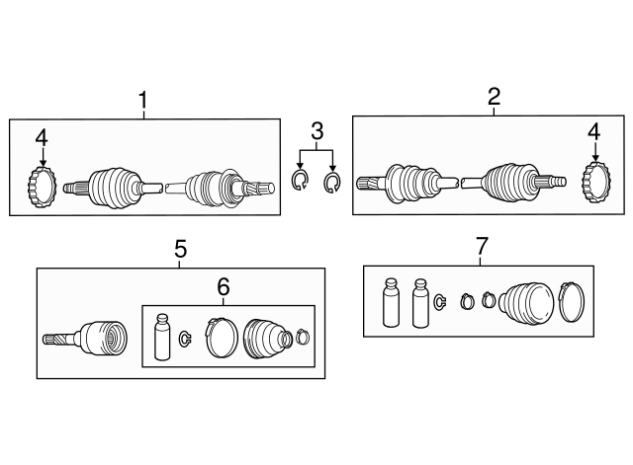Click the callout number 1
pyautogui.click(x=143, y=100)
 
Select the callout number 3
pyautogui.click(x=316, y=130)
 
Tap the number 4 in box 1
pyautogui.click(x=42, y=138)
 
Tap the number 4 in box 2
pyautogui.click(x=593, y=131)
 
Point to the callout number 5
pyautogui.click(x=180, y=249)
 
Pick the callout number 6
pyautogui.click(x=223, y=286)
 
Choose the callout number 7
pyautogui.click(x=482, y=247)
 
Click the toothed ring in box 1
pyautogui.click(x=42, y=188)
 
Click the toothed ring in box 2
pyautogui.click(x=594, y=183)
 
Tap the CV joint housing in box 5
pyautogui.click(x=102, y=339)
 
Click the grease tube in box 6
pyautogui.click(x=163, y=338)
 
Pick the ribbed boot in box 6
pyautogui.click(x=264, y=338)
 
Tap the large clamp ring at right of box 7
pyautogui.click(x=573, y=301)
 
